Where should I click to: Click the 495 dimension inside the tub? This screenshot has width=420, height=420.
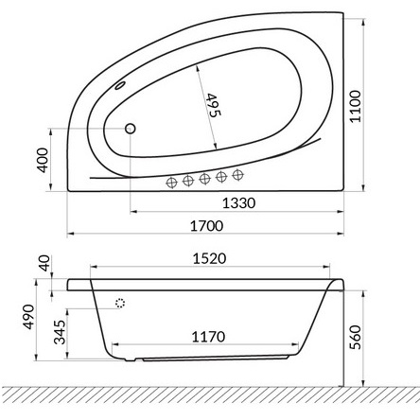point(213,111)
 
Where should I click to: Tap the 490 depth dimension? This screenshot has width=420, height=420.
point(29,317)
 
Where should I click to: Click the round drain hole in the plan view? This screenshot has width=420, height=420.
point(131,128)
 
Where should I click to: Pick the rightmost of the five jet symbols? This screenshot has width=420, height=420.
point(236,175)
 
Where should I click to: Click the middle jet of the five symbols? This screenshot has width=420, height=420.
point(205,178)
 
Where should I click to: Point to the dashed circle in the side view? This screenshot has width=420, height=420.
point(120,303)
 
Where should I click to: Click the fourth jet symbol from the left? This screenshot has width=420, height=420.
point(221,176)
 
